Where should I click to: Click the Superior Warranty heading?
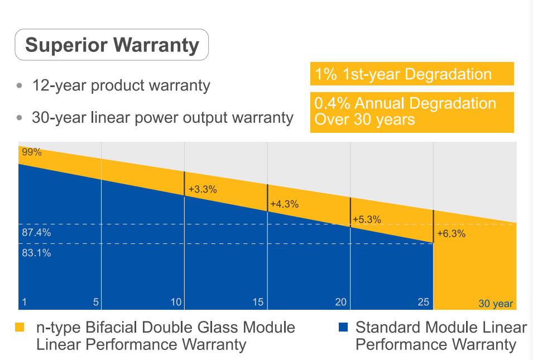pos(112,45)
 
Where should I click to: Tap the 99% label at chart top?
pos(32,152)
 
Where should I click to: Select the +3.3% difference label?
pos(203,190)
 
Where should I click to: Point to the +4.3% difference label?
pos(284,204)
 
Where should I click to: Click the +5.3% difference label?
pos(367,219)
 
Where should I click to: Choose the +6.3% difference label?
pos(451,234)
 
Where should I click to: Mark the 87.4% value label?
pos(36,233)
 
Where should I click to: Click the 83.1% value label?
pos(36,253)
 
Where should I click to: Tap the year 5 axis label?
pos(96,303)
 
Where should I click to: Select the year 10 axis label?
pos(176,303)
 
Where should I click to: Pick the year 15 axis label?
pos(258,303)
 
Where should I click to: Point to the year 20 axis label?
pos(340,303)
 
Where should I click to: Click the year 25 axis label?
pos(423,303)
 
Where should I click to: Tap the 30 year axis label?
pos(495,304)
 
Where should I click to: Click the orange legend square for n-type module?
pos(20,327)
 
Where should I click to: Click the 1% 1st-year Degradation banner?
pos(411,74)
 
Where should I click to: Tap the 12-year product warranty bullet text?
pos(121,86)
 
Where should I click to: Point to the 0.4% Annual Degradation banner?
pos(411,111)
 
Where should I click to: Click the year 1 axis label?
pos(24,303)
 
